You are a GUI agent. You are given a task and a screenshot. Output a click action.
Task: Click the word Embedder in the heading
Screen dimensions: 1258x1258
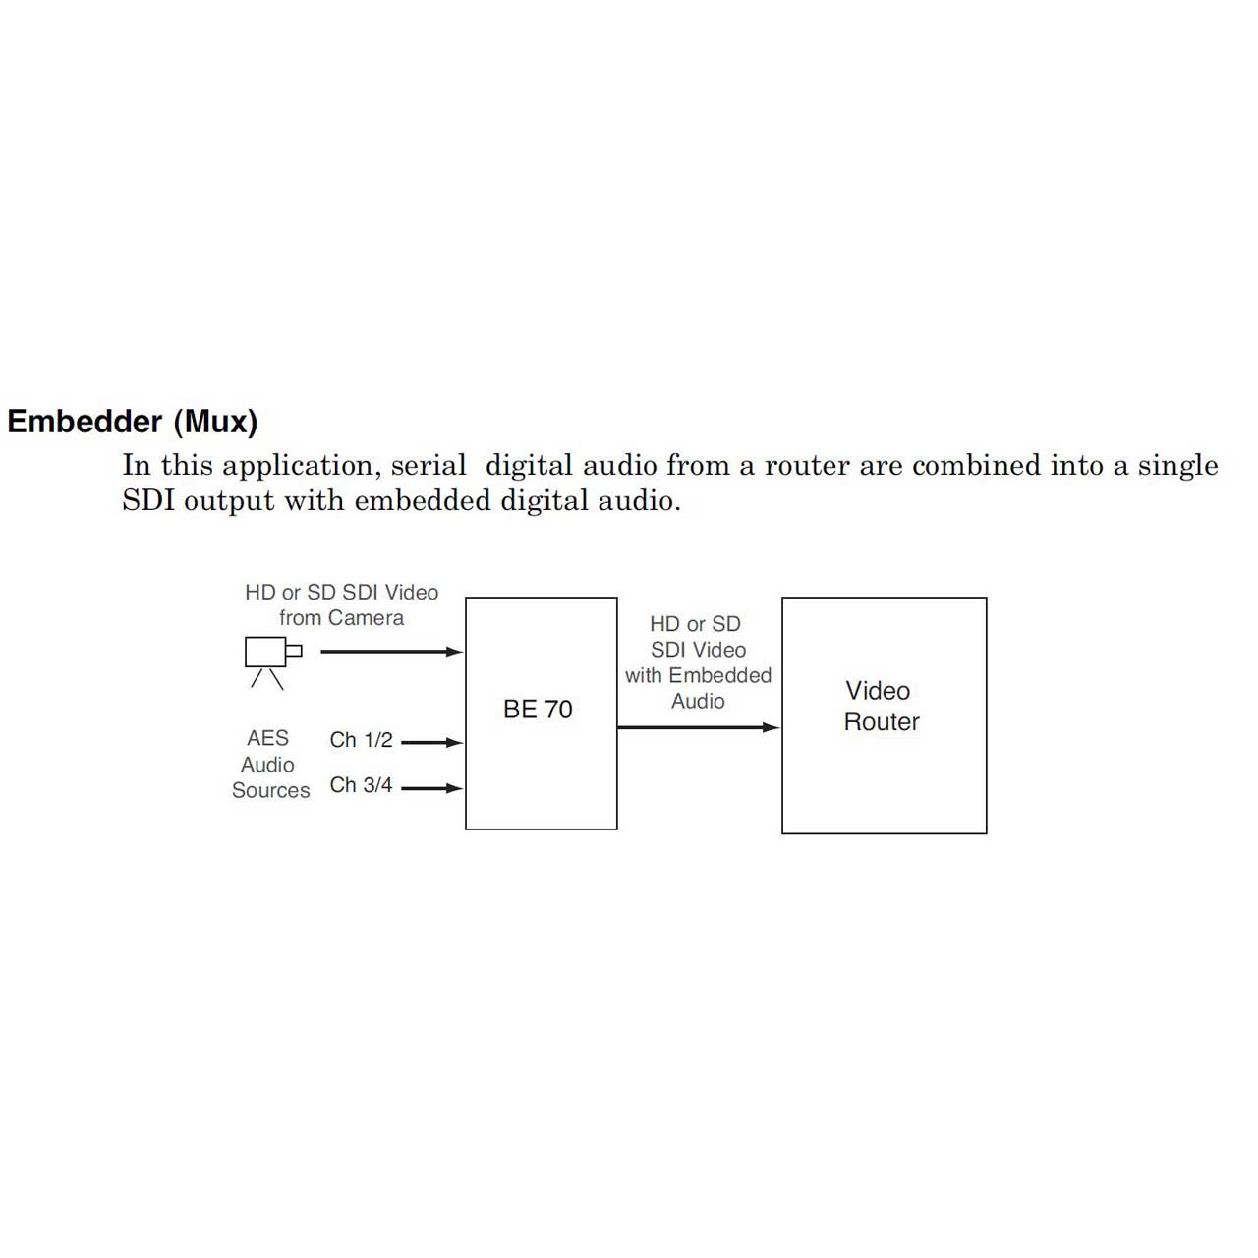coord(85,421)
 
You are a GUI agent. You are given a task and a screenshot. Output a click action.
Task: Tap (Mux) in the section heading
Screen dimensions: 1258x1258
coord(215,423)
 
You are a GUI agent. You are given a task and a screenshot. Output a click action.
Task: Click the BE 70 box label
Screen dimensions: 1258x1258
coord(538,709)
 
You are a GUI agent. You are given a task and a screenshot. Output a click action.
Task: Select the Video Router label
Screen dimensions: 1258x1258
coord(882,706)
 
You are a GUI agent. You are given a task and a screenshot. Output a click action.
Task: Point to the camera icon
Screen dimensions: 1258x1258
coord(273,662)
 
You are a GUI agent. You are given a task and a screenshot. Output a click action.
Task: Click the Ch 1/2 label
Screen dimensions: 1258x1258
coord(361,740)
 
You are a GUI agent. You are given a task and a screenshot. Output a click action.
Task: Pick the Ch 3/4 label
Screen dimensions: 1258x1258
coord(361,784)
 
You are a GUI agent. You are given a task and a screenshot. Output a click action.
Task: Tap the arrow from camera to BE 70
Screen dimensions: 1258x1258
coord(392,651)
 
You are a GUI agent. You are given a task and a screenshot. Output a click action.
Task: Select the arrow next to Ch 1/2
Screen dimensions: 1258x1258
coord(431,742)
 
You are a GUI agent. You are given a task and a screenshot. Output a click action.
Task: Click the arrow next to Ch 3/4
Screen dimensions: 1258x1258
coord(431,788)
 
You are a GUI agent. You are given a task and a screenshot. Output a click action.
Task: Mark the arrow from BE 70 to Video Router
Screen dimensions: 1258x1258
coord(699,727)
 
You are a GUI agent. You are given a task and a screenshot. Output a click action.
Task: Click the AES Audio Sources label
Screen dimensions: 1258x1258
coord(270,764)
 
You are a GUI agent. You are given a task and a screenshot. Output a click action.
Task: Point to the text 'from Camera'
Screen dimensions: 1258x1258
coord(341,617)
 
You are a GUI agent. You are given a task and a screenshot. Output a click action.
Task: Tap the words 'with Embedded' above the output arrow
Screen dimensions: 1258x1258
coord(698,675)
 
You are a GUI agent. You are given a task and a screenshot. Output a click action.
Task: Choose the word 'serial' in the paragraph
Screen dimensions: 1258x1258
coord(429,465)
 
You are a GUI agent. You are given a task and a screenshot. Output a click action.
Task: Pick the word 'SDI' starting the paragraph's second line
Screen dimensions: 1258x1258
coord(148,500)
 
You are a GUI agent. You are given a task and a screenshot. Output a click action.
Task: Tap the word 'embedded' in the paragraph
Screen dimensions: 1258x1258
coord(423,500)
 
